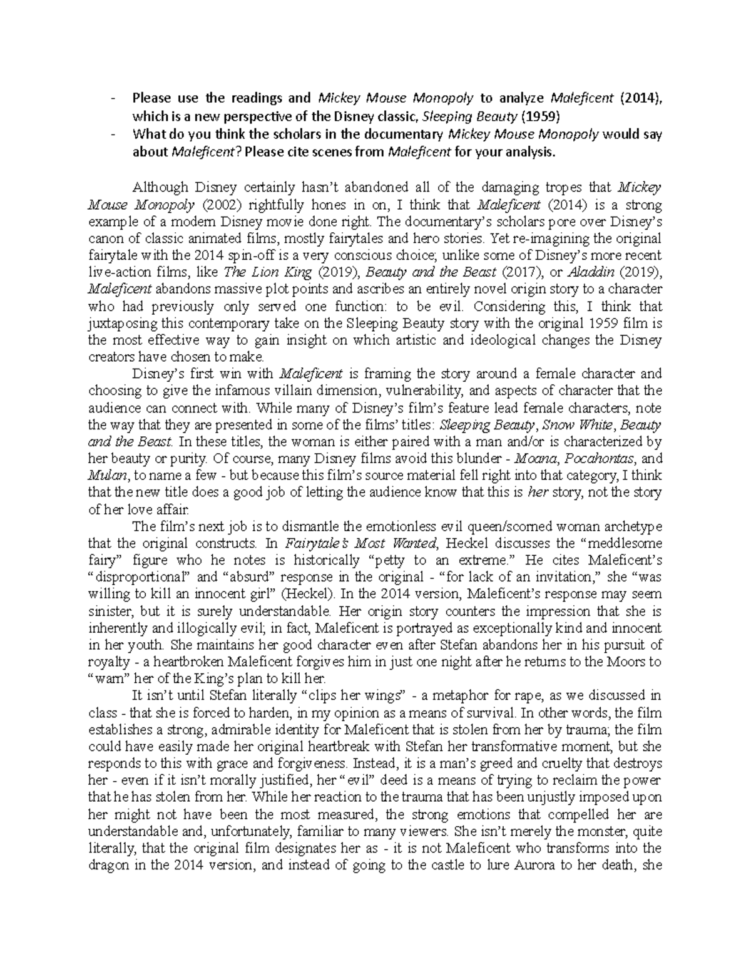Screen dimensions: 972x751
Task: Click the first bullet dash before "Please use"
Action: click(x=111, y=98)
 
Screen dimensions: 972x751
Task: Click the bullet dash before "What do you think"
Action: click(x=111, y=134)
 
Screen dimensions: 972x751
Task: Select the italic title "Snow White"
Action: click(x=571, y=425)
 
